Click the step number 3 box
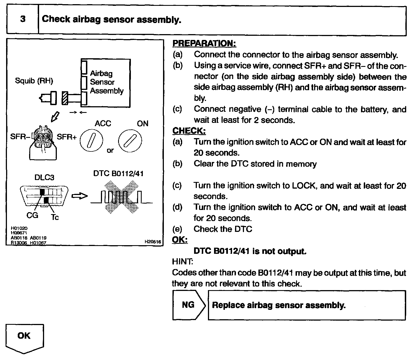(22, 19)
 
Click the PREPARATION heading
(204, 43)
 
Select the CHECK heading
(189, 131)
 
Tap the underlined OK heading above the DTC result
(180, 240)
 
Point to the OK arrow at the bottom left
(24, 338)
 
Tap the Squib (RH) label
(34, 81)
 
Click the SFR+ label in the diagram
(67, 137)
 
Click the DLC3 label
(44, 178)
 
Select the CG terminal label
(32, 215)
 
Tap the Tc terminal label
(55, 217)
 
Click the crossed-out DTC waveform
(121, 197)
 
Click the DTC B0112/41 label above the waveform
(118, 174)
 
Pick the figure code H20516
(153, 242)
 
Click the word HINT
(182, 261)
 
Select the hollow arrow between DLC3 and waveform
(80, 196)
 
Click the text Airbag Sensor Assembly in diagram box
(106, 82)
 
